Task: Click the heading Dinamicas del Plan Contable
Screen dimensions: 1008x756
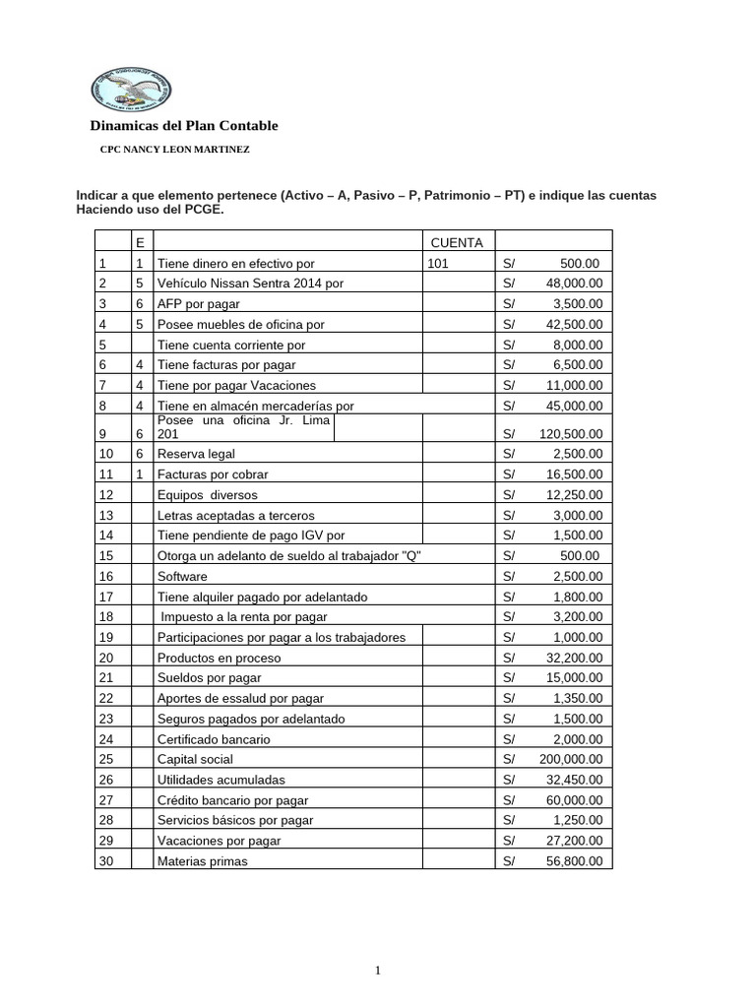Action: click(184, 126)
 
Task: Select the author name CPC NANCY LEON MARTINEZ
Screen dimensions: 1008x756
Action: click(175, 150)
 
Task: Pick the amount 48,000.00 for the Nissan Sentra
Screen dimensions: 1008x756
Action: click(575, 283)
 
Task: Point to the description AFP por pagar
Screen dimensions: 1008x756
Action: click(199, 304)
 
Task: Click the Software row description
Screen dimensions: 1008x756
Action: click(182, 576)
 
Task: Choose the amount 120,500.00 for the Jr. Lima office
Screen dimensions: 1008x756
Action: click(571, 433)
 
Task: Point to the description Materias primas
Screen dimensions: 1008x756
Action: click(203, 861)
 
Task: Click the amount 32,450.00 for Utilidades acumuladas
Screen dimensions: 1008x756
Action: click(575, 780)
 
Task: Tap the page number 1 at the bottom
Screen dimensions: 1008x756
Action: click(378, 971)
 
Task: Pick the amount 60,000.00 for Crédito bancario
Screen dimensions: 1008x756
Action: click(575, 800)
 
